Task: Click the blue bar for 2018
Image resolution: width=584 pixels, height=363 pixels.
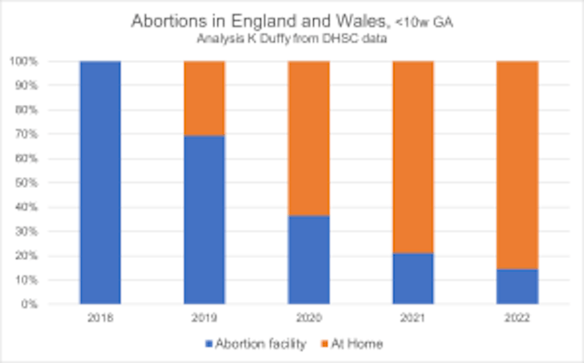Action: coord(99,182)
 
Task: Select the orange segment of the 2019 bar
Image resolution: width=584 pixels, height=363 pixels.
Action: coord(204,99)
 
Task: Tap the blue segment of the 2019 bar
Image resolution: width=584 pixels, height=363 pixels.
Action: coord(204,220)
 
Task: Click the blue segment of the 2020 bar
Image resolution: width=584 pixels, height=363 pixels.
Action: coord(308,260)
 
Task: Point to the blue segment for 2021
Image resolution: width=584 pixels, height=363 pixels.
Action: coord(412,278)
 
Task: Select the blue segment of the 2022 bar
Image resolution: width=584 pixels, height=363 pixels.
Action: coord(517,286)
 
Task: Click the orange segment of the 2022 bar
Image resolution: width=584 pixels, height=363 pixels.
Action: coord(517,165)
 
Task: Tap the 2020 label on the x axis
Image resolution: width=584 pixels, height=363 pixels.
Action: coord(308,318)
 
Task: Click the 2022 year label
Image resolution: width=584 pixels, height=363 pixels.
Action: coord(517,318)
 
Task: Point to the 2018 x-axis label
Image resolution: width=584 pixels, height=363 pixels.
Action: coord(99,318)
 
